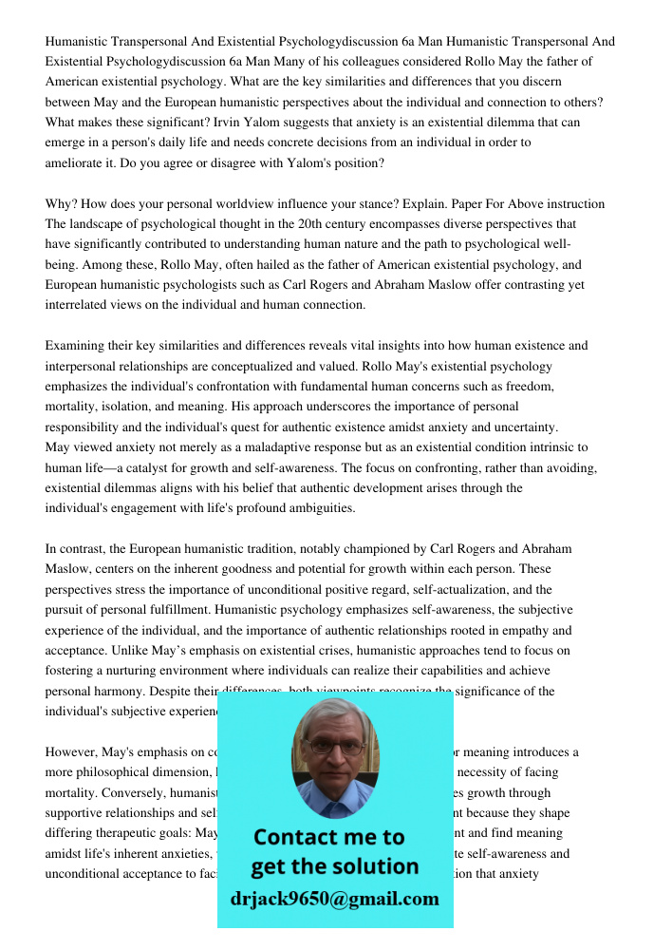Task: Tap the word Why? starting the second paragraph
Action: click(62, 204)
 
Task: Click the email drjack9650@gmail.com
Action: click(334, 899)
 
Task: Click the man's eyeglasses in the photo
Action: click(334, 748)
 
